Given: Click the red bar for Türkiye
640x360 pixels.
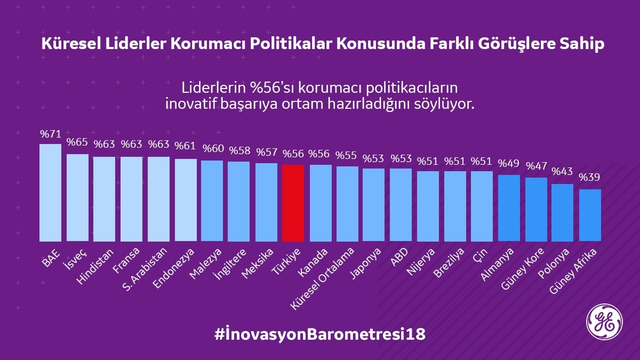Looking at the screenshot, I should point(293,203).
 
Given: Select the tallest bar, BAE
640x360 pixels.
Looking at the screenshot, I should point(51,193).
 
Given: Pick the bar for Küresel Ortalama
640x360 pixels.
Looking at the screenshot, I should point(347,204).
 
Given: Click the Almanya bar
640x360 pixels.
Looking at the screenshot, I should point(509,208).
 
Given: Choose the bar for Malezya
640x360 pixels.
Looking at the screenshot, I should point(212,201).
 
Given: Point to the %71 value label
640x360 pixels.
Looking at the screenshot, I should point(51,134).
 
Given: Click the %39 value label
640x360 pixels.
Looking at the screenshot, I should point(590,177).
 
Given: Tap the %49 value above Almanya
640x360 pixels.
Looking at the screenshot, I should point(509,163).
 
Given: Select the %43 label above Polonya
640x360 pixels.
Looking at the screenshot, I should point(563,172).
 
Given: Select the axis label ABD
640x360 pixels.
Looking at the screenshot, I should point(398,255).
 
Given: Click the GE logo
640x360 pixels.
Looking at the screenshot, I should point(604,322).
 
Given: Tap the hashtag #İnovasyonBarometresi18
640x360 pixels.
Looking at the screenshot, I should point(320,334).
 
